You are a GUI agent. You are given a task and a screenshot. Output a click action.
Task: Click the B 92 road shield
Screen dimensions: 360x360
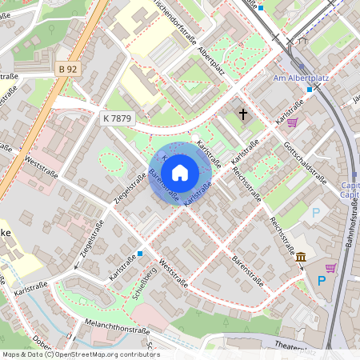(68, 70)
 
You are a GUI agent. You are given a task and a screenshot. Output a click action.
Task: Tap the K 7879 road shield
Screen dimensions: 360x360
(116, 118)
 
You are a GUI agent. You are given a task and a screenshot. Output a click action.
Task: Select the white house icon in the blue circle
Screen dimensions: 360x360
(180, 172)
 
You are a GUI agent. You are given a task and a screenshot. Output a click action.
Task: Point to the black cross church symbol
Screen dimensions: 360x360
(242, 114)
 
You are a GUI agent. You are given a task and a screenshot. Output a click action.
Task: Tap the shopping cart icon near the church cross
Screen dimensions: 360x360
(292, 122)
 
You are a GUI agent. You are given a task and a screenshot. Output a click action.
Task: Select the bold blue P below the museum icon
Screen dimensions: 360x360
(322, 281)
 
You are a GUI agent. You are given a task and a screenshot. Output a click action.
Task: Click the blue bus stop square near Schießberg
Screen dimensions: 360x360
(140, 254)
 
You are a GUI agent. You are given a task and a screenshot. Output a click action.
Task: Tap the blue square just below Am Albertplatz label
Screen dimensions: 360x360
(310, 90)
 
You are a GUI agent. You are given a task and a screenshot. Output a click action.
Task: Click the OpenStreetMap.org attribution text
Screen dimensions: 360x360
(103, 354)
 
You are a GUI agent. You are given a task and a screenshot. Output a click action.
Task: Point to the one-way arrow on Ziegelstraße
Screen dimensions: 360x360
(78, 266)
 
